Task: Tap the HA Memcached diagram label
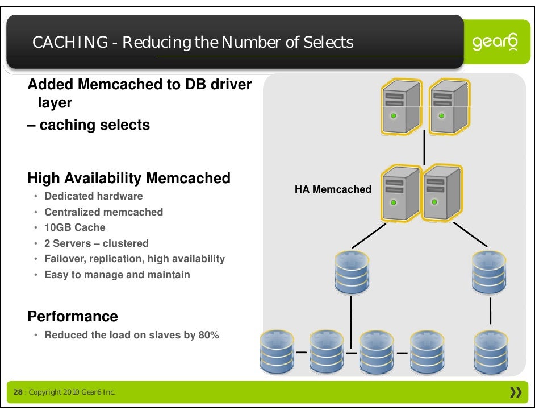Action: (333, 189)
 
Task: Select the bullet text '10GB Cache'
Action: (75, 227)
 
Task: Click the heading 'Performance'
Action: (73, 316)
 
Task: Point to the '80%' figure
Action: (208, 335)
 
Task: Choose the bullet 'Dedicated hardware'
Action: (94, 196)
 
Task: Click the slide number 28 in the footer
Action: (18, 393)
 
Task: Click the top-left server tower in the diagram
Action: (401, 106)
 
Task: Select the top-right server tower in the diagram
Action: (448, 106)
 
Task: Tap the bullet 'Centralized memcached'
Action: (104, 212)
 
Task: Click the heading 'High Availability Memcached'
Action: (129, 179)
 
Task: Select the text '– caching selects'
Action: (89, 125)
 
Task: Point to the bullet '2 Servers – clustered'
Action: (97, 243)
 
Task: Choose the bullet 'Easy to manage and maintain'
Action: (118, 275)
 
